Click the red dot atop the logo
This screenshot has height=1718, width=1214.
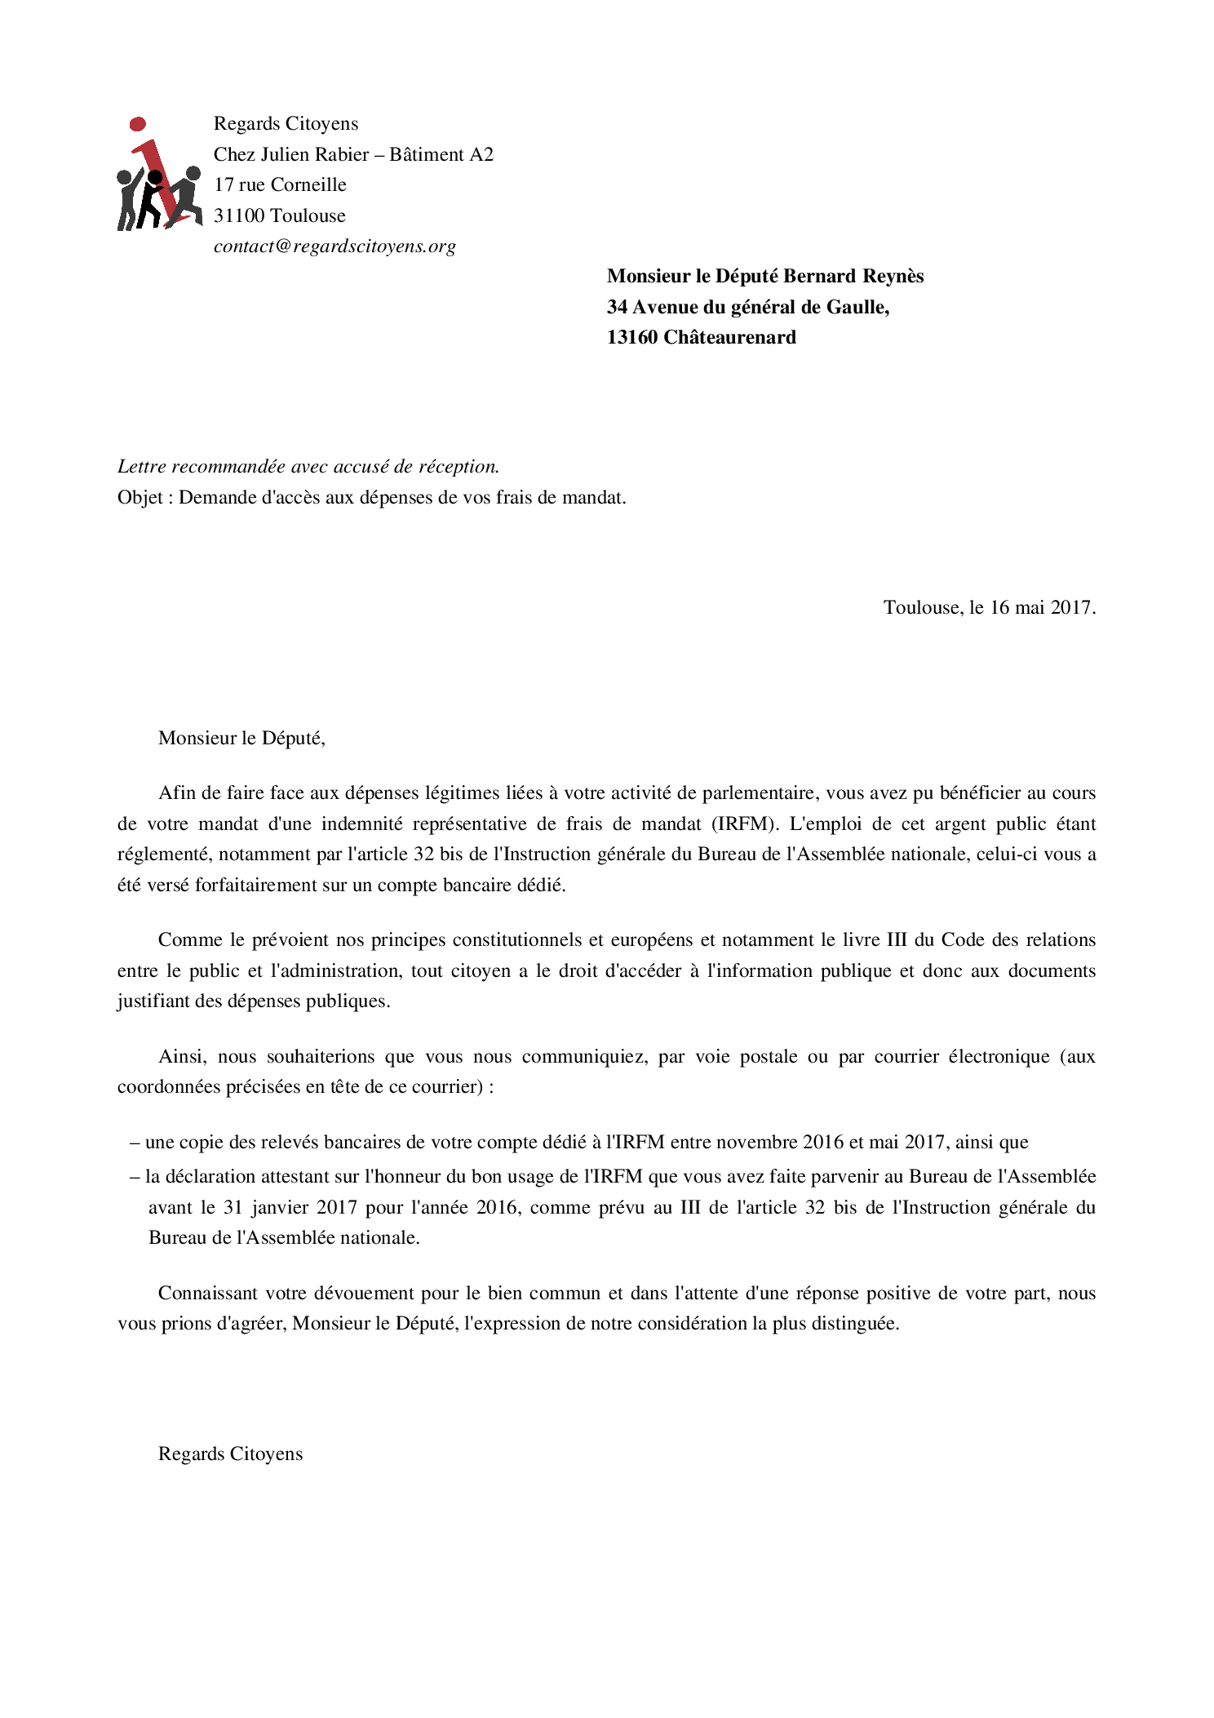click(x=138, y=124)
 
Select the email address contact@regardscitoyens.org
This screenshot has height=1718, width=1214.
click(x=335, y=246)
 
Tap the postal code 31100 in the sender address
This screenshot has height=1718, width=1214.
click(x=239, y=216)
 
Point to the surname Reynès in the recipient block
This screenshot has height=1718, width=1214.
click(x=893, y=277)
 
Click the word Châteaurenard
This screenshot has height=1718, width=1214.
click(x=729, y=338)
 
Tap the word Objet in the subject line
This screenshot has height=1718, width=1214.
click(x=140, y=498)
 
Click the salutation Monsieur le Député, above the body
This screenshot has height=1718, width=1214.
click(x=241, y=739)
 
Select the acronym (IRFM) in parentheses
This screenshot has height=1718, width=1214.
click(x=745, y=824)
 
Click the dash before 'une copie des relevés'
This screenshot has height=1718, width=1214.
click(x=135, y=1143)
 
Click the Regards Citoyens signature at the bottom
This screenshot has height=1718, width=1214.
click(x=230, y=1454)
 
